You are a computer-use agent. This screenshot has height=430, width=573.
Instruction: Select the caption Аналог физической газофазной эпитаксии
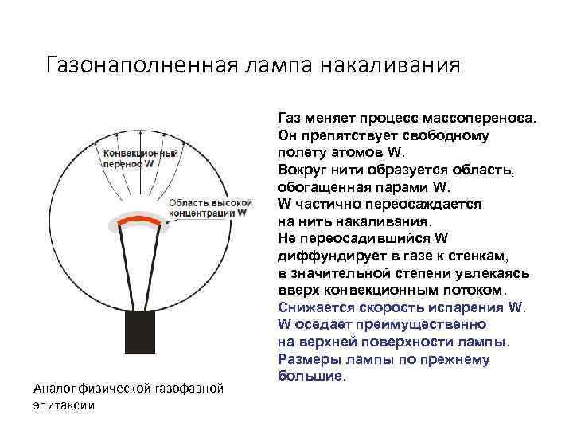coord(127,397)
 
